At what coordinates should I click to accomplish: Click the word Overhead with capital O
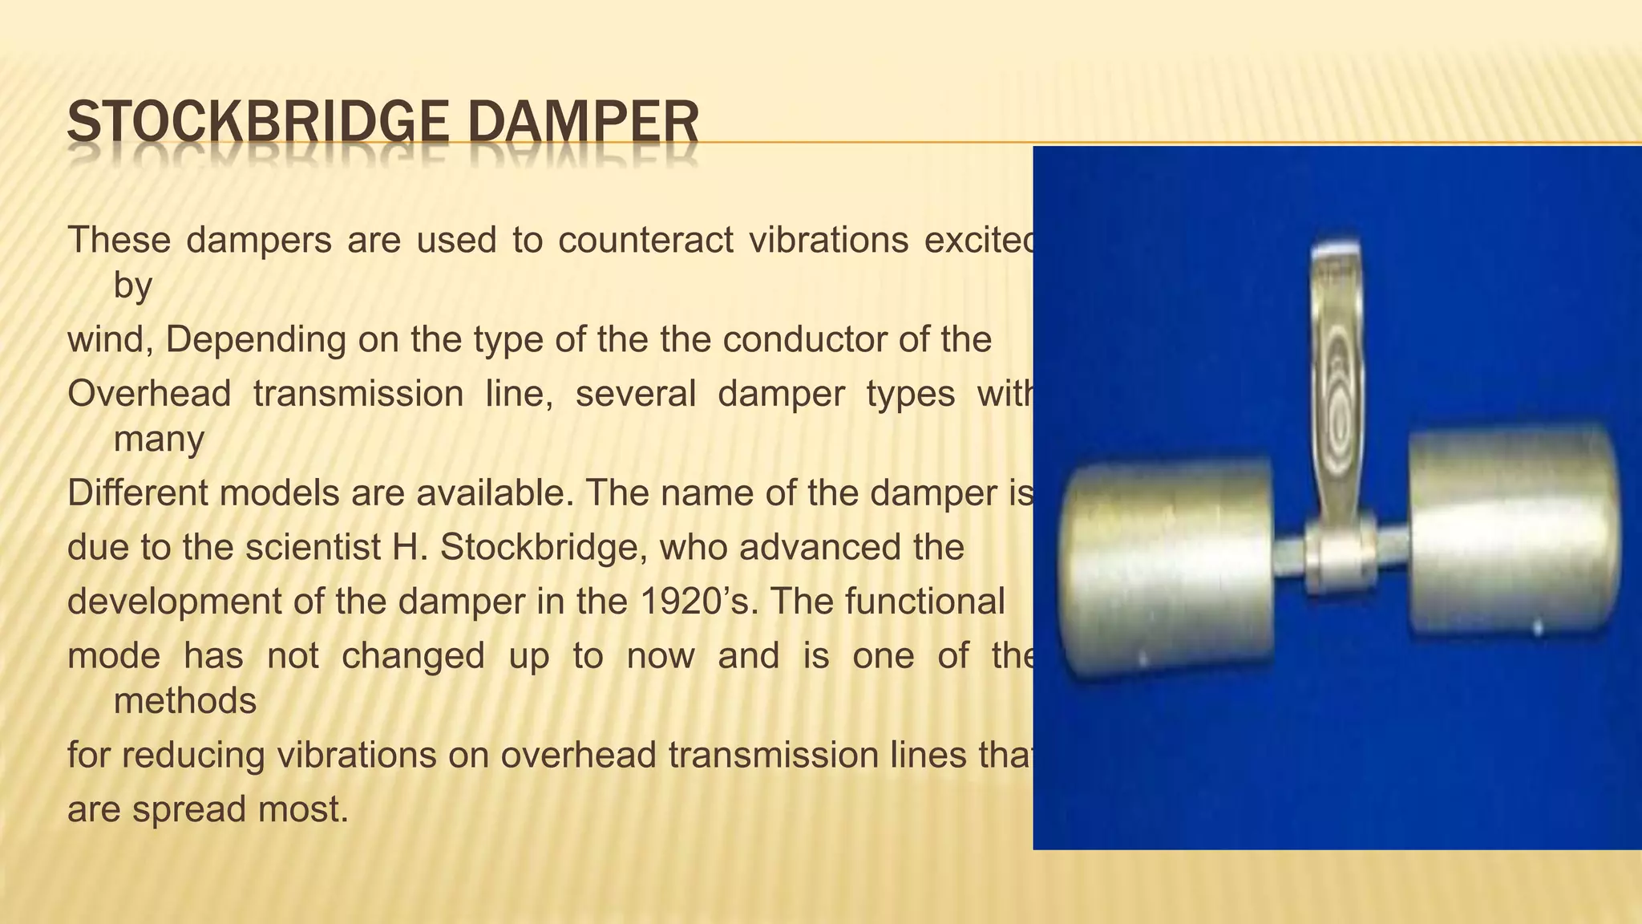click(x=149, y=394)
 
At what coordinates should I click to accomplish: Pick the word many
click(x=159, y=439)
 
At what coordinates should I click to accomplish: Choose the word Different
click(x=137, y=492)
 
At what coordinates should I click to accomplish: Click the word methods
click(x=184, y=701)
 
